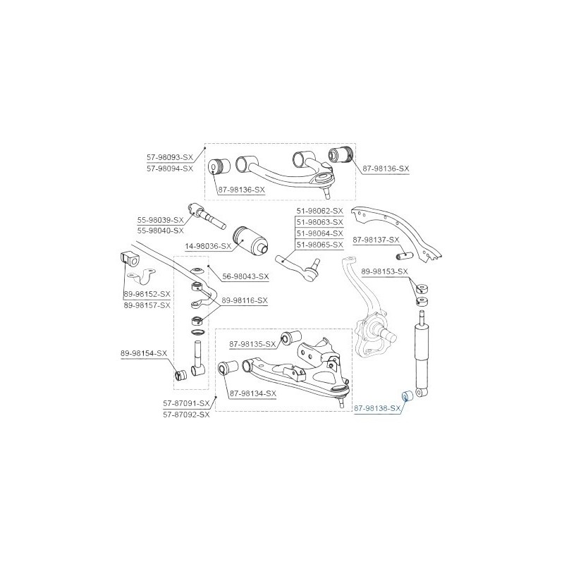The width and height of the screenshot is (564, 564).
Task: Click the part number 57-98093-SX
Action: (170, 157)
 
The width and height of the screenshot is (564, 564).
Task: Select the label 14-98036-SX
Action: (208, 246)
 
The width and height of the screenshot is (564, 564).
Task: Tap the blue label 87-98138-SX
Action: (377, 408)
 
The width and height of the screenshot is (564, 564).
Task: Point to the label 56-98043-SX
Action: (245, 276)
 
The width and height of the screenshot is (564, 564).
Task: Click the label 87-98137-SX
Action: (376, 240)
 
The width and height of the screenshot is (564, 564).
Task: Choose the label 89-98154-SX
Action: (144, 354)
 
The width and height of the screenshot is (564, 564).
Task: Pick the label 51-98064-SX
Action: (320, 233)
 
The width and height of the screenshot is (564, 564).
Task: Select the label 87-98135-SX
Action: (252, 345)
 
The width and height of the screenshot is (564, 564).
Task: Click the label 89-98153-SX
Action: (384, 271)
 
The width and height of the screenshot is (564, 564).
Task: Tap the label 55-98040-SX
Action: (161, 231)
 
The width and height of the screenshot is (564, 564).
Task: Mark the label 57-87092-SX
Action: (186, 415)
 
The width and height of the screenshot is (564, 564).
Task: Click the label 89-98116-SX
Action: (245, 300)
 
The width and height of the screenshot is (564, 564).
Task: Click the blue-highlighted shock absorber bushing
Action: (407, 396)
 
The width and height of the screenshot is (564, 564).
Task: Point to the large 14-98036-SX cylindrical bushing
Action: (252, 241)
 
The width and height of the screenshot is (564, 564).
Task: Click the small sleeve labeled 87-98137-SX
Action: (404, 257)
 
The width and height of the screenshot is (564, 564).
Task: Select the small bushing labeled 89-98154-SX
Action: (181, 374)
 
